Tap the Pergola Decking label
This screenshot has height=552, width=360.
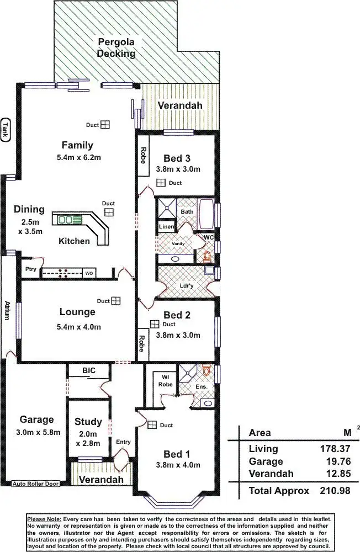tap(116, 48)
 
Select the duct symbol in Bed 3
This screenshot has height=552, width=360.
tap(161, 183)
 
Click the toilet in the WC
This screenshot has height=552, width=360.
tap(208, 256)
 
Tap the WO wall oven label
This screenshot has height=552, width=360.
tap(89, 273)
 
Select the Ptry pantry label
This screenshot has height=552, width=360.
tap(30, 269)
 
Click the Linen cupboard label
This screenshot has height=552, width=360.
tap(167, 227)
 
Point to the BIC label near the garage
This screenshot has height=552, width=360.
tap(88, 370)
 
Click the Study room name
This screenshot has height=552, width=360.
tap(88, 422)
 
